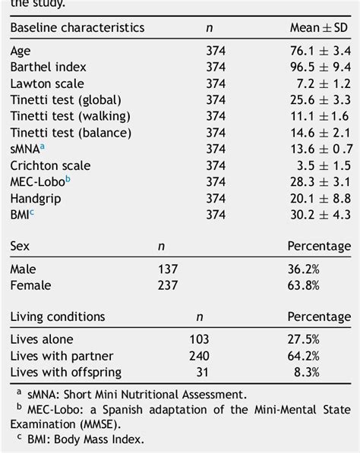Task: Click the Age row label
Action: (21, 52)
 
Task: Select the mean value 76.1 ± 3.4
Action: (320, 51)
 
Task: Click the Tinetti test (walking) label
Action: (70, 116)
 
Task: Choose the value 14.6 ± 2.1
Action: (320, 133)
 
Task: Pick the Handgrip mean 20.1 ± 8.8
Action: (320, 198)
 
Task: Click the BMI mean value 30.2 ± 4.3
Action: (320, 215)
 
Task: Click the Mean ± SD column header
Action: (320, 28)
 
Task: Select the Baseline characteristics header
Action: (77, 28)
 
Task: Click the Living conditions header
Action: (58, 316)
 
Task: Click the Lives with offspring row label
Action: (65, 372)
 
